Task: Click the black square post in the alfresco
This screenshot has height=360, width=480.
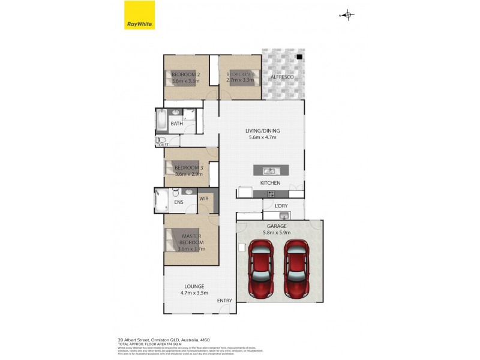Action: pyautogui.click(x=299, y=57)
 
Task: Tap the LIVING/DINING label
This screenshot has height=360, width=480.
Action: pyautogui.click(x=262, y=131)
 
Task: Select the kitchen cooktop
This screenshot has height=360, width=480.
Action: pyautogui.click(x=271, y=193)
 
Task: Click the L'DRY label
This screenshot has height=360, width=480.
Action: pyautogui.click(x=281, y=206)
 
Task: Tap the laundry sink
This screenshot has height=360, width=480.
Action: pyautogui.click(x=284, y=215)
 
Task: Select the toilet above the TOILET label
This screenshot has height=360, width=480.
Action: pyautogui.click(x=160, y=140)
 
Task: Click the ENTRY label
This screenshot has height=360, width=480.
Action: pyautogui.click(x=224, y=300)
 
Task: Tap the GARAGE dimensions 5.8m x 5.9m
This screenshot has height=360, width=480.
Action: pyautogui.click(x=277, y=232)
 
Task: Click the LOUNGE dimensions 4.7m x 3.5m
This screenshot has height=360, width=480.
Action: pyautogui.click(x=194, y=293)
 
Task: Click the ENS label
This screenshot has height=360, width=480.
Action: pyautogui.click(x=179, y=203)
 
